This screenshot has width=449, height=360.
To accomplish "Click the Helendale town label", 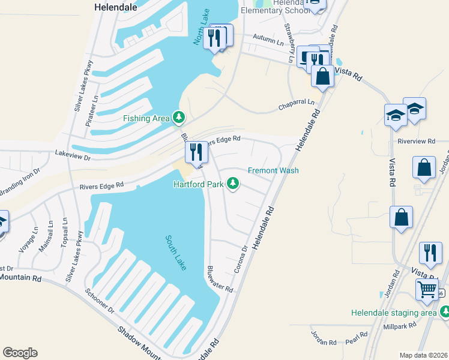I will click(116, 8).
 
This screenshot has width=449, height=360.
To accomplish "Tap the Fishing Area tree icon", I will click(178, 118).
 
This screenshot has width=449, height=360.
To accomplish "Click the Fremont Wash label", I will click(273, 170).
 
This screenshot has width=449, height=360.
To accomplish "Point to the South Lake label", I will click(175, 253).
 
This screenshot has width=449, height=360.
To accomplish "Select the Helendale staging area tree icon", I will click(445, 312).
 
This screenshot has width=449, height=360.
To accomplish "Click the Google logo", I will click(20, 353).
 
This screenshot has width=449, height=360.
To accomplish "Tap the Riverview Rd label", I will click(416, 141).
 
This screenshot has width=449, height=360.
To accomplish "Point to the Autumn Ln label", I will click(268, 40).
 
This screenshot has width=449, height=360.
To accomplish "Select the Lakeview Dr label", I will click(72, 156).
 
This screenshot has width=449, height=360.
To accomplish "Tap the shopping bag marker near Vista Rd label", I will click(322, 76).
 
